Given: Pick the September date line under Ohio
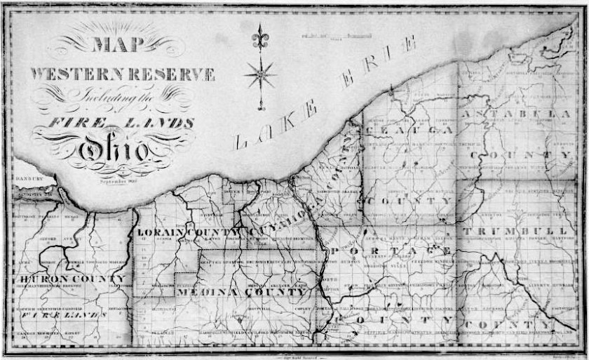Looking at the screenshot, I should [116, 180].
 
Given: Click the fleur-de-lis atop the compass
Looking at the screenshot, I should [260, 37].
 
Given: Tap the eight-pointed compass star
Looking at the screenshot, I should [260, 73].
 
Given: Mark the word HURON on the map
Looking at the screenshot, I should [39, 279].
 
